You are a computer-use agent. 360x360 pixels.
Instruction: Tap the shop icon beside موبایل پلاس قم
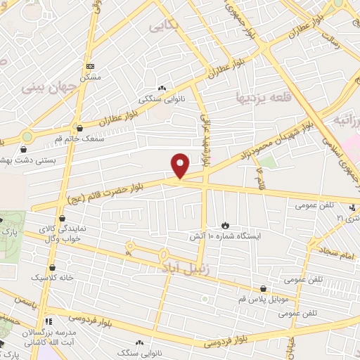click(263, 288)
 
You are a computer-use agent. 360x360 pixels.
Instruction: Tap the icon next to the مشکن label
click(89, 65)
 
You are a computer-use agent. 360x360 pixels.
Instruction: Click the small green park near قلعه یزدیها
click(266, 162)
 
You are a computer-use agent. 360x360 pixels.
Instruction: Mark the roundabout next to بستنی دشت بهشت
click(27, 136)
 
